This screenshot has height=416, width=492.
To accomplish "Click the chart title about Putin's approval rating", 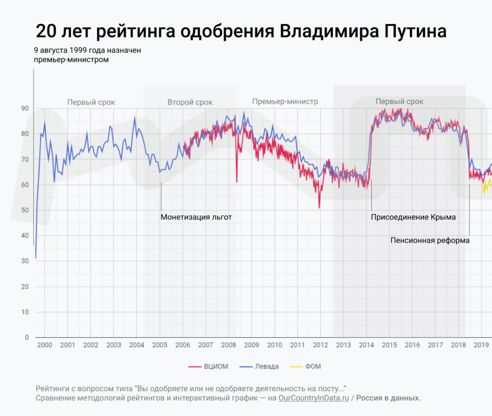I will tap(241, 31).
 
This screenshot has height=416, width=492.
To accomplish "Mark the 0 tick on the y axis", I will tap(26, 338).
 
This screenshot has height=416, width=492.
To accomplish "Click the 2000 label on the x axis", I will tap(45, 345).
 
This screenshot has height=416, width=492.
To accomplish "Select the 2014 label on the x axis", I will tap(367, 345).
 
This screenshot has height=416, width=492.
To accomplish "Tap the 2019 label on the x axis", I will tap(481, 345).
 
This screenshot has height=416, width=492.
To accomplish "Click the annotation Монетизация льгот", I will tap(196, 217).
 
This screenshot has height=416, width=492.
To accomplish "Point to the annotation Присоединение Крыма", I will tap(413, 217).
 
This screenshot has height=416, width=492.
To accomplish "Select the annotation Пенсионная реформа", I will tap(430, 240).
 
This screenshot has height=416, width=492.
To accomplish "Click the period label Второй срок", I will tap(190, 102).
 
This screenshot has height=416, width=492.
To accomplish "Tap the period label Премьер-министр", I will tap(285, 102).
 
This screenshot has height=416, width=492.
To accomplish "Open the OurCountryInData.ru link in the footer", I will tap(314, 398).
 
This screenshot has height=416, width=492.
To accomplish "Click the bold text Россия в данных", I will tap(388, 398).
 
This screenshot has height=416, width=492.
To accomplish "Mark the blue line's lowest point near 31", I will tap(36, 259).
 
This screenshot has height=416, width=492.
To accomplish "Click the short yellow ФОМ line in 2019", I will tap(487, 185).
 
